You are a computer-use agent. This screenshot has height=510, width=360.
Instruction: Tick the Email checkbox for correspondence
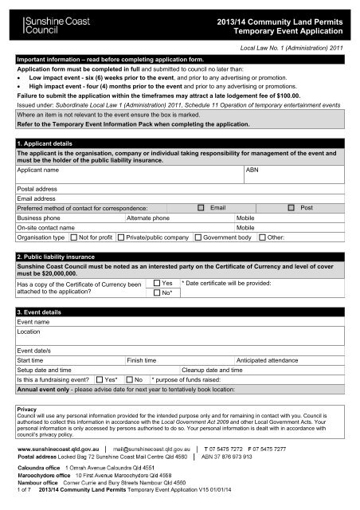(x=202, y=206)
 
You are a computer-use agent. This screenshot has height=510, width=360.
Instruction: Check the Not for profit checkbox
(x=74, y=237)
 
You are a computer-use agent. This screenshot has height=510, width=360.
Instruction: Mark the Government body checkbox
(x=198, y=237)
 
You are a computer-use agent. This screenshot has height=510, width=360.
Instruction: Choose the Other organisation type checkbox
(x=262, y=237)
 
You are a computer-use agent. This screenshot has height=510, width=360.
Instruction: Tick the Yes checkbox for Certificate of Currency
(x=156, y=283)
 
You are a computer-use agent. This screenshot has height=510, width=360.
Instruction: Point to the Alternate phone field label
(x=149, y=216)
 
